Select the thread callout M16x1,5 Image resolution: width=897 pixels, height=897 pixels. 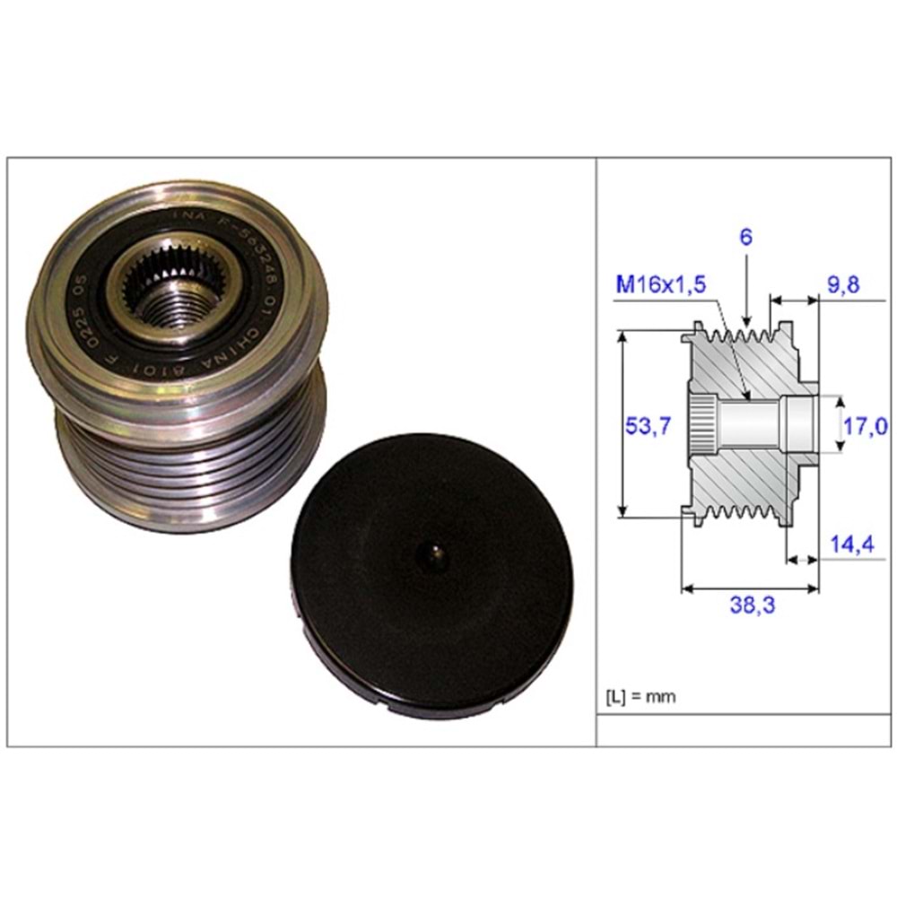click(x=660, y=284)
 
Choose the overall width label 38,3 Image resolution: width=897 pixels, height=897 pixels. click(x=752, y=605)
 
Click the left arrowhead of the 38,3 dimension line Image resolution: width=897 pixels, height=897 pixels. click(x=686, y=589)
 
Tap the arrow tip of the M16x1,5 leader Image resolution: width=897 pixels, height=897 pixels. click(x=747, y=397)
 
